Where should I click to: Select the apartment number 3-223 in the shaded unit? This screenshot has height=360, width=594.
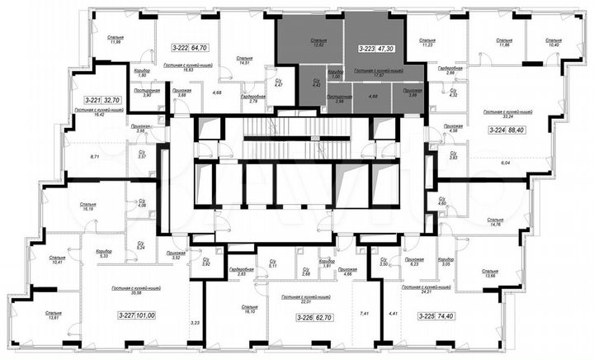(x=367, y=50)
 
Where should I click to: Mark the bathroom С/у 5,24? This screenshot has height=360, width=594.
(x=140, y=244)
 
